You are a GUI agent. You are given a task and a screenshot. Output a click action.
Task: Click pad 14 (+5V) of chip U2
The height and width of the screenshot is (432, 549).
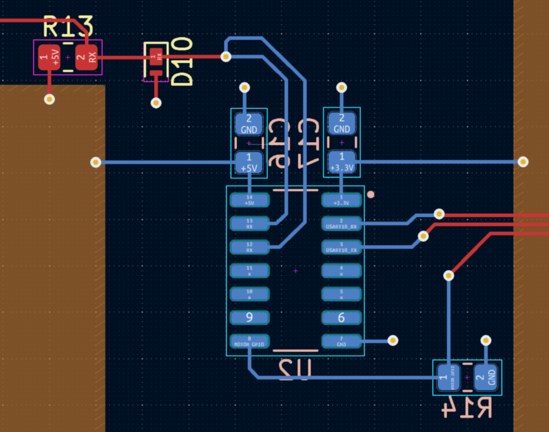tap(250, 200)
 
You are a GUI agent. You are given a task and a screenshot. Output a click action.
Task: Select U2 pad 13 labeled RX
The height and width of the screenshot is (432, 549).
tap(250, 223)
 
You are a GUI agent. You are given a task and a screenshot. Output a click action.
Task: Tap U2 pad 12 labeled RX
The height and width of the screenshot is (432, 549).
tap(250, 247)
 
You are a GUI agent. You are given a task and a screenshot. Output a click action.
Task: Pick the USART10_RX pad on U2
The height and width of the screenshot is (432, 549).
tap(341, 223)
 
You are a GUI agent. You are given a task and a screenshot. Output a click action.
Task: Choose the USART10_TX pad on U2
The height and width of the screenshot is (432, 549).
tap(341, 247)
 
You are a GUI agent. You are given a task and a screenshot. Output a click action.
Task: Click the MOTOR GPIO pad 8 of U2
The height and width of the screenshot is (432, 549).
tap(250, 341)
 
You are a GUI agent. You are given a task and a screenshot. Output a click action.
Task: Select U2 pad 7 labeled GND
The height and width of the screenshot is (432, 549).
tap(341, 341)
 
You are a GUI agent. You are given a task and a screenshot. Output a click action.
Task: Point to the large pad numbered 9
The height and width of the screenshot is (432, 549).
tap(250, 317)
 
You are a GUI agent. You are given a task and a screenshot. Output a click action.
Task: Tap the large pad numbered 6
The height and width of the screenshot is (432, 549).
tap(341, 317)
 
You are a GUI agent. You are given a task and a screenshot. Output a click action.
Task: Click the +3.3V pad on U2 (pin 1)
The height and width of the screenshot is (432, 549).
tap(341, 200)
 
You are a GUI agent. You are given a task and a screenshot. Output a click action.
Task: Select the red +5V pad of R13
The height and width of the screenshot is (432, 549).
tap(49, 58)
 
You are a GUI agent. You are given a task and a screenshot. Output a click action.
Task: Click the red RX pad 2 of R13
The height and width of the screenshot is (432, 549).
tap(86, 58)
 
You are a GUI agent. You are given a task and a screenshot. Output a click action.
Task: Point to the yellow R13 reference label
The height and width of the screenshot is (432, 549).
tap(68, 26)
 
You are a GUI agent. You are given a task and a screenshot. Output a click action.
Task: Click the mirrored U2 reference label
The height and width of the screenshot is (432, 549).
tap(295, 369)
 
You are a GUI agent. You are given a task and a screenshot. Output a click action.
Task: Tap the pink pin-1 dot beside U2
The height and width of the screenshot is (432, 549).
tap(371, 194)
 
